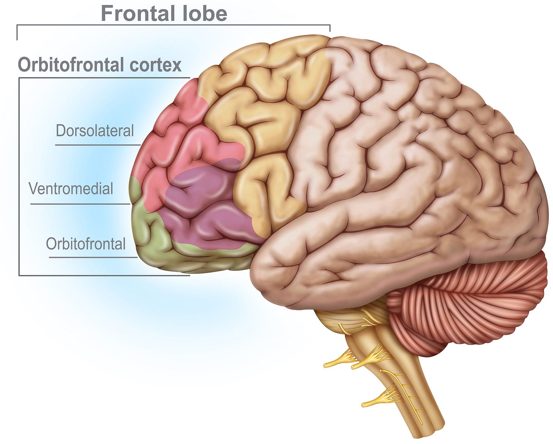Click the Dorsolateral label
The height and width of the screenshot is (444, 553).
(95, 131)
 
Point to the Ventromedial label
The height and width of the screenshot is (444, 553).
(71, 188)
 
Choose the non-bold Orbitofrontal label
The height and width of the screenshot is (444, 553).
(85, 244)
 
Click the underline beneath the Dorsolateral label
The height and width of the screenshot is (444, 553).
(98, 145)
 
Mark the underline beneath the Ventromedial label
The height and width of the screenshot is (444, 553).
(80, 204)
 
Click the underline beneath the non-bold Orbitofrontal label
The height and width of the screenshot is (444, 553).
(93, 258)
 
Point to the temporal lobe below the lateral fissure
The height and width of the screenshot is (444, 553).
(342, 258)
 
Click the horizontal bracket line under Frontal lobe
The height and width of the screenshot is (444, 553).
(173, 25)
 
